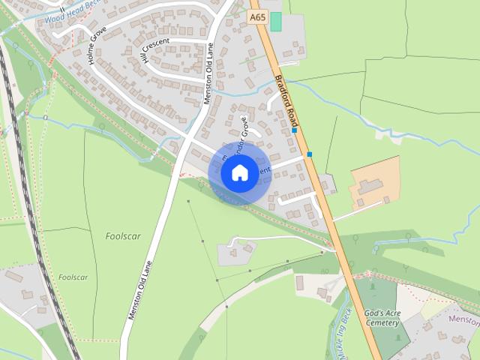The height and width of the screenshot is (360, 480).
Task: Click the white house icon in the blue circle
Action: point(239,173)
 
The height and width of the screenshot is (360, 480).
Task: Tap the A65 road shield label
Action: point(258,16)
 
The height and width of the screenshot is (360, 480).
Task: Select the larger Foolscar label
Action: point(122,236)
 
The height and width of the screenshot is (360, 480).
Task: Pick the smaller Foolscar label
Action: point(73,277)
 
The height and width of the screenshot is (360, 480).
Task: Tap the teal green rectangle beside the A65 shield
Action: point(276,21)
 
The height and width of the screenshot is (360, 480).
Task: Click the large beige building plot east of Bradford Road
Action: point(374,183)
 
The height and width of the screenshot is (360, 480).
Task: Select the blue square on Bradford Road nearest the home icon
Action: point(309,154)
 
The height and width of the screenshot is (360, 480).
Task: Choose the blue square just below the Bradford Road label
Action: point(295,130)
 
